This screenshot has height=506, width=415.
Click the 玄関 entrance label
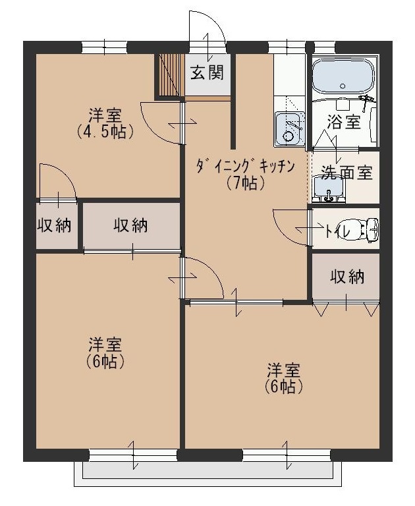click(x=207, y=72)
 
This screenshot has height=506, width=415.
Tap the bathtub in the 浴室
click(x=343, y=76)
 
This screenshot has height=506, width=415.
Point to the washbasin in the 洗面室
click(x=327, y=190)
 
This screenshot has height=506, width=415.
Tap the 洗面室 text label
click(x=346, y=173)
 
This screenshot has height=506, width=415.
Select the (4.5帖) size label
click(x=105, y=131)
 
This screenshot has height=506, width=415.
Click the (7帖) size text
click(x=244, y=183)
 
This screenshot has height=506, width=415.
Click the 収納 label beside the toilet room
click(x=346, y=277)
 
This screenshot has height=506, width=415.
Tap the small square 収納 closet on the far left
click(x=53, y=225)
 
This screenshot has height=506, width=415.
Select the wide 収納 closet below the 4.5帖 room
click(x=130, y=225)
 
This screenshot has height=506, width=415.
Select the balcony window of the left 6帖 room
click(x=133, y=455)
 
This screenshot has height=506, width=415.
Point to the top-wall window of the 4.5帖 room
click(x=104, y=47)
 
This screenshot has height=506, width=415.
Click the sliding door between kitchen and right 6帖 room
click(x=236, y=302)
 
